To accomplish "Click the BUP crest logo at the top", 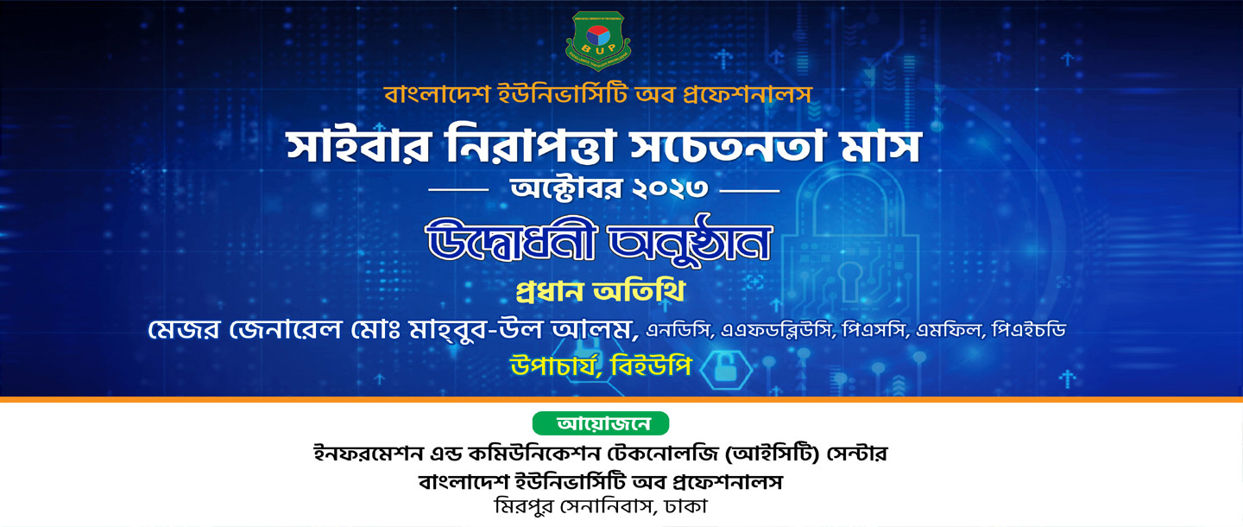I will coord(598,40).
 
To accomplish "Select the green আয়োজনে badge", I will coord(601,424).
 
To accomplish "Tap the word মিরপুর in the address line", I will coord(522,505).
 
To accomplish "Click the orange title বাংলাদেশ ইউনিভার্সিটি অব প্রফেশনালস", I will coord(597,94).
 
